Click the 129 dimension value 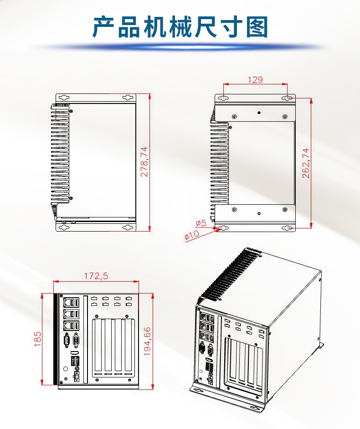(x=255, y=80)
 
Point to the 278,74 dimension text (x=144, y=161)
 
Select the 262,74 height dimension (x=306, y=163)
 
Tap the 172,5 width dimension (x=96, y=276)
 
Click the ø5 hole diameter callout (x=201, y=223)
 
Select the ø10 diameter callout (x=192, y=235)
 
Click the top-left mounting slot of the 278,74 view (x=64, y=98)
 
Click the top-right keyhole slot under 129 (x=288, y=98)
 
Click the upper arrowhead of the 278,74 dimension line (x=150, y=96)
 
